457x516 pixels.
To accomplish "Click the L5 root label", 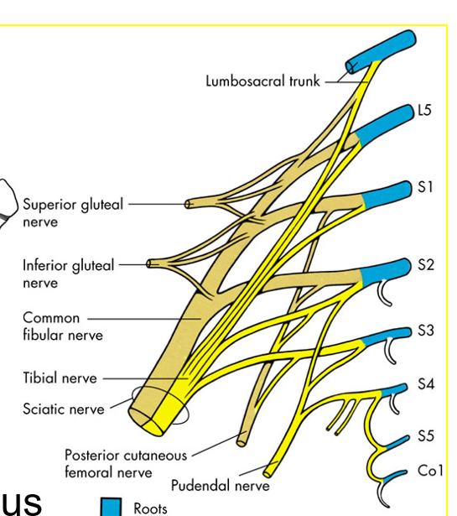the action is pyautogui.click(x=424, y=110).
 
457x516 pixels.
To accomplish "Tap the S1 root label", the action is pyautogui.click(x=425, y=187).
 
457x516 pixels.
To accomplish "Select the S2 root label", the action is pyautogui.click(x=426, y=264).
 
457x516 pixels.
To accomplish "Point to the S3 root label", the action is pyautogui.click(x=426, y=330).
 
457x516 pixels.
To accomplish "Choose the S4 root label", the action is pyautogui.click(x=426, y=383).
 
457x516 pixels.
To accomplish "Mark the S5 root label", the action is pyautogui.click(x=426, y=435).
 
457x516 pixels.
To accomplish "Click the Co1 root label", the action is pyautogui.click(x=430, y=471).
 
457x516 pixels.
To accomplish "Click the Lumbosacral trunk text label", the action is pyautogui.click(x=262, y=81).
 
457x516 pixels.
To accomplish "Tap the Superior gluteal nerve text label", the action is pyautogui.click(x=73, y=213).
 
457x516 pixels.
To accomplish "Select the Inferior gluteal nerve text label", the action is pyautogui.click(x=69, y=274).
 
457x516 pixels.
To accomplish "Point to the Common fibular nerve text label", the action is pyautogui.click(x=63, y=326).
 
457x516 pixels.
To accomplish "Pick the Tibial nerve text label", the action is pyautogui.click(x=60, y=378).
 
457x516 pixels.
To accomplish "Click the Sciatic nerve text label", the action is pyautogui.click(x=64, y=409).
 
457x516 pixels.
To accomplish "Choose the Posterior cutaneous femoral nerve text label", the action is pyautogui.click(x=126, y=464).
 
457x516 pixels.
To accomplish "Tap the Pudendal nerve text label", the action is pyautogui.click(x=221, y=486).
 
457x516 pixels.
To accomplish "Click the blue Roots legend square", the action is pyautogui.click(x=111, y=507).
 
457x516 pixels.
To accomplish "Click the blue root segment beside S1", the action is pyautogui.click(x=387, y=195).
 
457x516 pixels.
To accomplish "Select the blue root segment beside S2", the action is pyautogui.click(x=386, y=272).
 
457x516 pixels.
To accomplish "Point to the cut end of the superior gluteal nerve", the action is pyautogui.click(x=188, y=205).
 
